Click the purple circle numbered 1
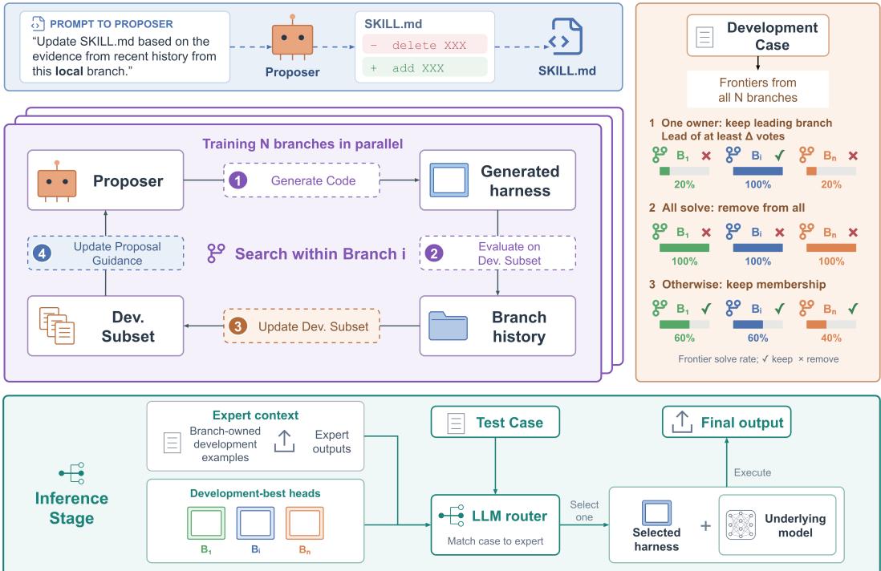pos(238,180)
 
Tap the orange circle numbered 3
pos(238,326)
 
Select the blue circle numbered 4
pos(43,253)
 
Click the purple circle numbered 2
pos(434,253)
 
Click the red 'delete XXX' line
pos(424,45)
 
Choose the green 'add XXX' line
pos(424,68)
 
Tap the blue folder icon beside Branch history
pos(448,326)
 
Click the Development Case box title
pos(772,36)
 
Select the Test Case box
pos(495,422)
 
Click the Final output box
pos(726,422)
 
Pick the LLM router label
pos(509,516)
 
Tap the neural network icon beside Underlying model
pos(740,525)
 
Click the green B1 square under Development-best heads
pos(206,523)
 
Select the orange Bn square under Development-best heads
pos(305,523)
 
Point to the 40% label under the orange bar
pos(831,338)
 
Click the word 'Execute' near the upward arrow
pos(753,472)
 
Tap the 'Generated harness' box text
pos(520,180)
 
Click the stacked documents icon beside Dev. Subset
pos(56,326)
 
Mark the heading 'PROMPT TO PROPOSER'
pos(112,24)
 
